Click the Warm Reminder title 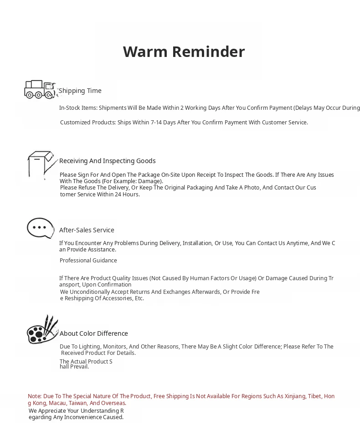[x=184, y=52]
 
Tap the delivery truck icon [x=40, y=89]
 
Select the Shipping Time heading [x=80, y=91]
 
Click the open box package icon [x=41, y=164]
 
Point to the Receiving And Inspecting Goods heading [x=108, y=161]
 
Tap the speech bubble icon [x=41, y=228]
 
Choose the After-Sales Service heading [x=87, y=230]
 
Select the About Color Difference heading [x=94, y=333]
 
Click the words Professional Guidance [x=88, y=261]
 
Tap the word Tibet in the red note [x=314, y=396]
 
